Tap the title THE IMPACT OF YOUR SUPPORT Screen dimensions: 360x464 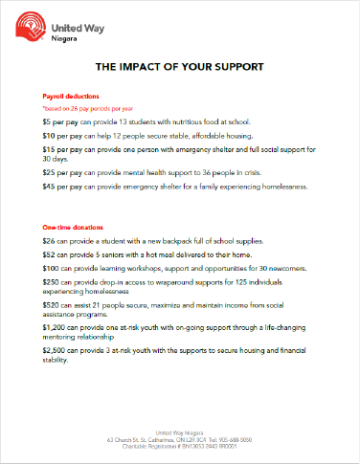coord(180,68)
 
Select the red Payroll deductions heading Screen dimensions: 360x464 coord(71,98)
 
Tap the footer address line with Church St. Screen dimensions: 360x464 coord(180,439)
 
